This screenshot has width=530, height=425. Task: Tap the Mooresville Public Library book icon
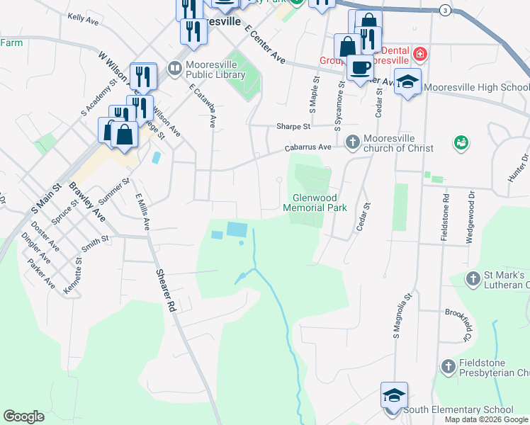click(174, 68)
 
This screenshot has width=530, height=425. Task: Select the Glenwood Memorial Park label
click(315, 203)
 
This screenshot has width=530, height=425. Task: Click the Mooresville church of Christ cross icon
click(352, 143)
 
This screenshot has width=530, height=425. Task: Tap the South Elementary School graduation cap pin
click(394, 395)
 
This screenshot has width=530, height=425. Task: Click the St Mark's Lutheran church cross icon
click(473, 280)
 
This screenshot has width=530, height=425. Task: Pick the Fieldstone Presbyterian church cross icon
click(447, 366)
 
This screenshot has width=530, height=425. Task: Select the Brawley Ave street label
click(86, 202)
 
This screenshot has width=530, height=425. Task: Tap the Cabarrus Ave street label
click(308, 147)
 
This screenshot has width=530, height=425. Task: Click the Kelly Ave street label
click(83, 18)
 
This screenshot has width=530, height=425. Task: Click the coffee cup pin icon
click(361, 68)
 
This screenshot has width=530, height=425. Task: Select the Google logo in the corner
click(23, 416)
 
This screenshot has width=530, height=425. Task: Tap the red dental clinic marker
click(420, 54)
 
